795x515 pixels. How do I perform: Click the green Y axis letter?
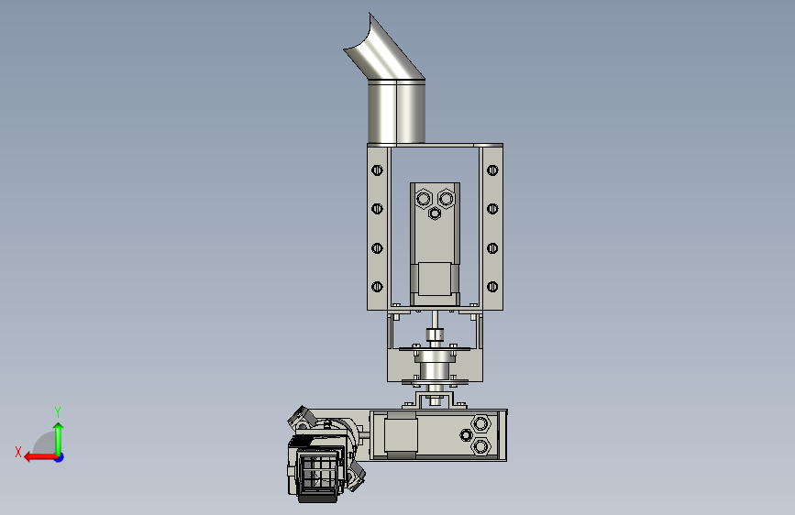tap(58, 411)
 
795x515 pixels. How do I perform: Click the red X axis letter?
tap(18, 452)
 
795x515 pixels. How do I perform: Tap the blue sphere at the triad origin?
tap(60, 457)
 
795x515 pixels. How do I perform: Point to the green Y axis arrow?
tap(59, 438)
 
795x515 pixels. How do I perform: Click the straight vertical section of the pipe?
tap(396, 112)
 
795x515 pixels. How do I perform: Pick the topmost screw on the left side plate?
tap(377, 170)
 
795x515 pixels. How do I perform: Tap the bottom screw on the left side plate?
tap(377, 287)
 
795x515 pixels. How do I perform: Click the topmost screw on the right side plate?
tap(492, 170)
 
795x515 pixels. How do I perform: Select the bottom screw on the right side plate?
tap(492, 287)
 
